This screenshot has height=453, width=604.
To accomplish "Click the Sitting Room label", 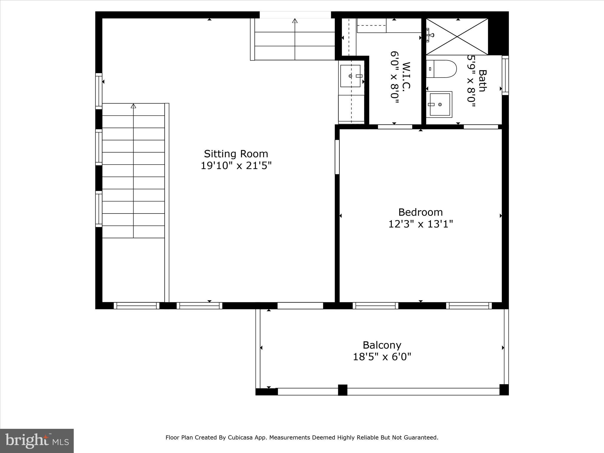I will point(236,154).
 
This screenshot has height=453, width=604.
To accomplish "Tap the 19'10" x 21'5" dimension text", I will point(236,166).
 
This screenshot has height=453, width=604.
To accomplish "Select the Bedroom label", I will point(420,212).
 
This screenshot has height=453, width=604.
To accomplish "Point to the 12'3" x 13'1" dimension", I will point(420,224).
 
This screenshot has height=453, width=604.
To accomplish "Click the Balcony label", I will point(382,345).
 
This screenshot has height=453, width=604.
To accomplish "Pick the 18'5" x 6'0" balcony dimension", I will point(382,357).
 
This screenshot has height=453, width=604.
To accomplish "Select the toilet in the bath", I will point(441,69).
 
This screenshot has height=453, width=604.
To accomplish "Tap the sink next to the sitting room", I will point(350,76).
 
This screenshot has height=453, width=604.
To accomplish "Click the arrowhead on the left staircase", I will point(133,106).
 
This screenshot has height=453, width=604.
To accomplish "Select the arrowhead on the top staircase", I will point(295,21).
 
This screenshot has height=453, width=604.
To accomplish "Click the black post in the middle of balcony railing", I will point(342,390).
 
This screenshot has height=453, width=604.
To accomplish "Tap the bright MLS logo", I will point(37,441).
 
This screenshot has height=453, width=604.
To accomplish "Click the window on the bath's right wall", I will point(505,75).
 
